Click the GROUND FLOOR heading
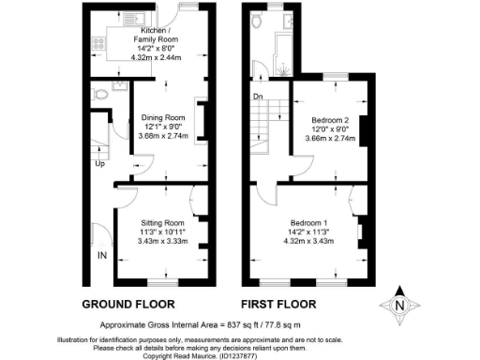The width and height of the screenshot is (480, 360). [x=128, y=305]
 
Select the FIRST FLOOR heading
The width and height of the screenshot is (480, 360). [x=278, y=305]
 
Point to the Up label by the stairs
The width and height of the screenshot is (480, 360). [x=99, y=164]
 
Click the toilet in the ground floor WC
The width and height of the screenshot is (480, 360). [x=116, y=90]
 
